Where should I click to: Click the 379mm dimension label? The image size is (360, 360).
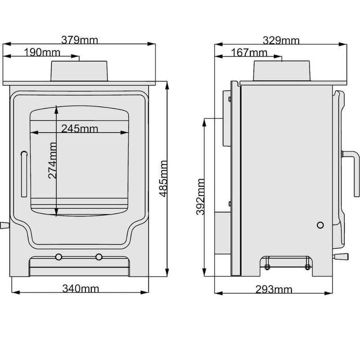[80, 40]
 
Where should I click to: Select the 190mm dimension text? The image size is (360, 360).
[40, 53]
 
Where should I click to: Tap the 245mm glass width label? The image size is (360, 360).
[80, 129]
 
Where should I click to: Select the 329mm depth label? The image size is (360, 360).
[282, 40]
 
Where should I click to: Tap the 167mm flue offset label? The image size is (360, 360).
[249, 53]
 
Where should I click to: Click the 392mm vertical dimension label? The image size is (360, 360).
[201, 197]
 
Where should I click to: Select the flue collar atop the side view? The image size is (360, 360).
[282, 71]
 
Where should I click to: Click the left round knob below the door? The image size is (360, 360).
[58, 256]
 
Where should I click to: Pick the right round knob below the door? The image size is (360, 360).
[99, 256]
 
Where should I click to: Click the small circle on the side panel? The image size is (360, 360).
[320, 225]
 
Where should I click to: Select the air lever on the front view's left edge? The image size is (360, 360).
[4, 225]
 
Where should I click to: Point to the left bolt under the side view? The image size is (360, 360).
[267, 267]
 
